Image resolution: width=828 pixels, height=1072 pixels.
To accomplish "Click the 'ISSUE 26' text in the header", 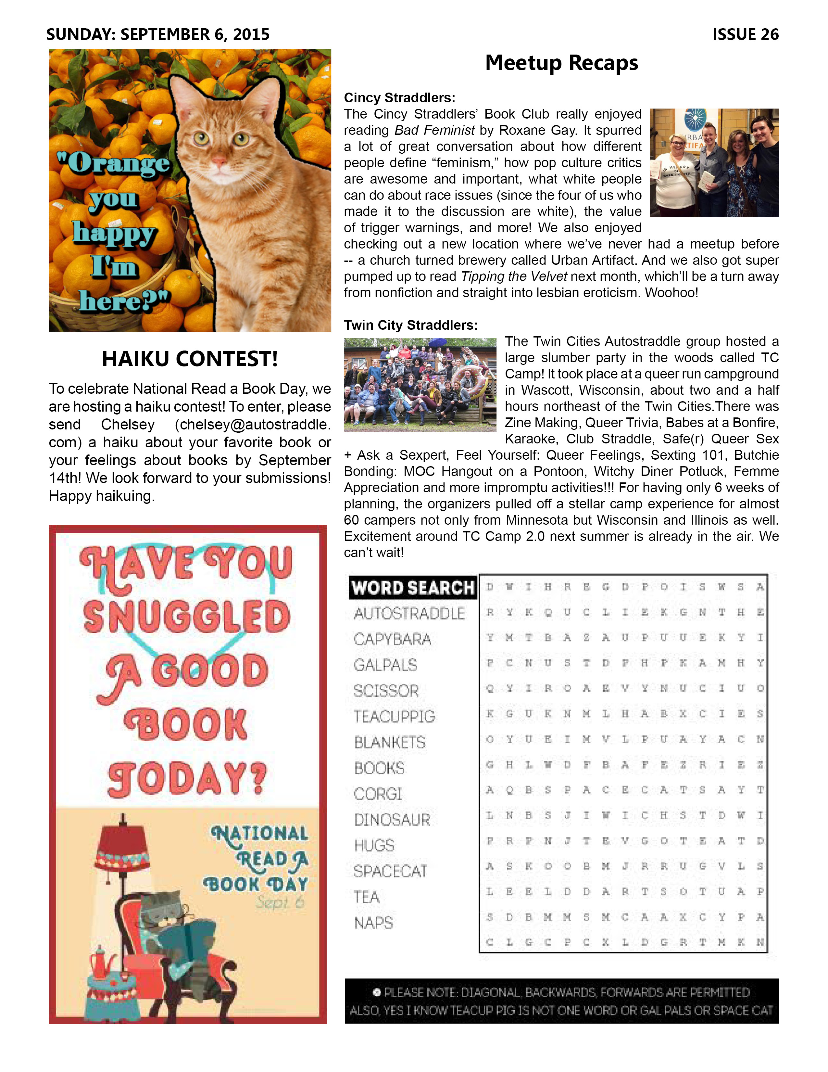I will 745,34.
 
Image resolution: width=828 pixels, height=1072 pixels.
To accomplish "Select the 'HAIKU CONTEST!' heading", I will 190,359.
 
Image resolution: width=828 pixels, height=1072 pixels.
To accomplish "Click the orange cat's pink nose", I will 219,160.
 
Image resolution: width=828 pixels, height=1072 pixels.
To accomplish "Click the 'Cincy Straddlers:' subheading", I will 399,98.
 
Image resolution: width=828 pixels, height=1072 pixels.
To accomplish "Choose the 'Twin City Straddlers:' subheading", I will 410,325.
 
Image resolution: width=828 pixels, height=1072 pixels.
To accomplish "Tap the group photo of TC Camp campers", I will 420,385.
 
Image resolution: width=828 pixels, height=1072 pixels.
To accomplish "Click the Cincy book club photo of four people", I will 714,163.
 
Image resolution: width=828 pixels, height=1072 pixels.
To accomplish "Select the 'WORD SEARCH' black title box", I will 412,588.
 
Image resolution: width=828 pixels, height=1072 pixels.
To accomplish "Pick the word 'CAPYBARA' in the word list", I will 393,639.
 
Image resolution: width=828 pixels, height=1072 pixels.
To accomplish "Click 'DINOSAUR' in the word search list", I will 393,820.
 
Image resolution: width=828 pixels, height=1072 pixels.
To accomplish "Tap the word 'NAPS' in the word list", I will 374,923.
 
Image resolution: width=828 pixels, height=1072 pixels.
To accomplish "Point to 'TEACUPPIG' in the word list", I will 395,717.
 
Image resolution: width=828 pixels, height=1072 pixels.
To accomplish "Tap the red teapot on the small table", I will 102,964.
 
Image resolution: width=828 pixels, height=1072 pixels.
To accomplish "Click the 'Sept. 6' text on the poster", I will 280,902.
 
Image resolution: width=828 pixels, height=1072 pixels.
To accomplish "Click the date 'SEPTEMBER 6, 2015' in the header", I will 195,34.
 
